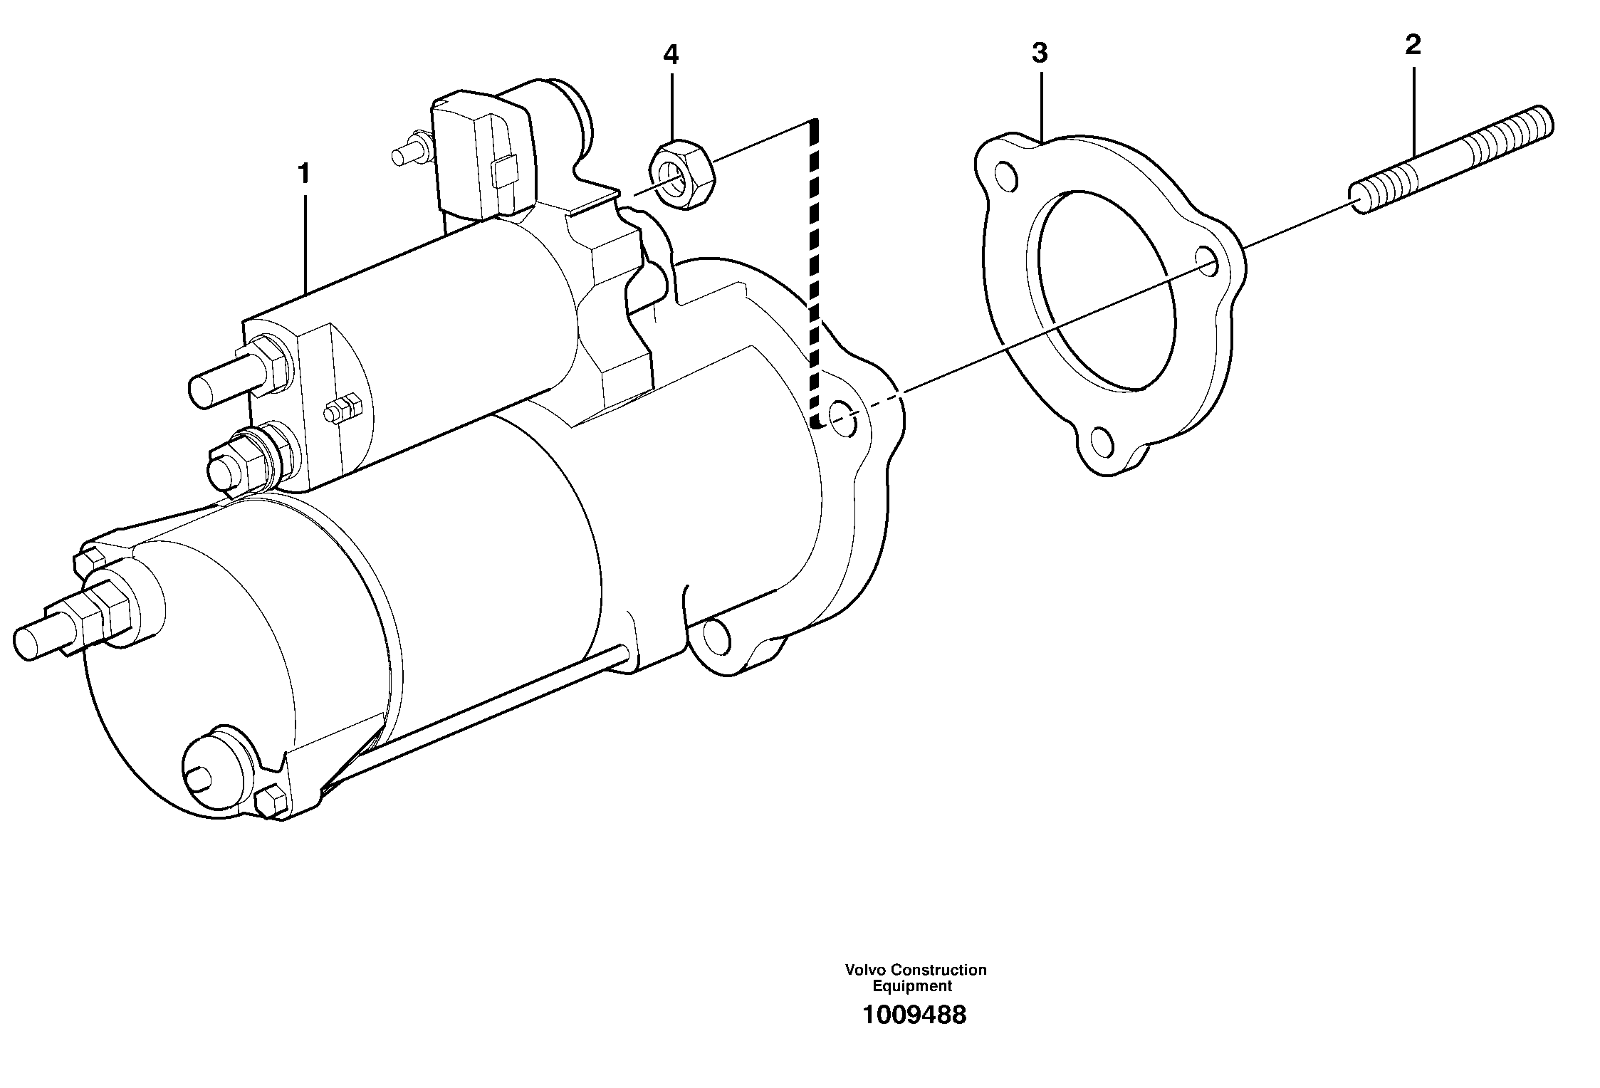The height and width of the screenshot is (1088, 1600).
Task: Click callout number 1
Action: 304,174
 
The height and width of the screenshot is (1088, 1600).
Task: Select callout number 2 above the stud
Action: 1413,46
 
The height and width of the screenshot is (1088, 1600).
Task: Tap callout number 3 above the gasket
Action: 1040,53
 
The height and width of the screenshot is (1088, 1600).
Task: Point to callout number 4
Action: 671,55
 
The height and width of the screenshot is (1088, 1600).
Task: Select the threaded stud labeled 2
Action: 1453,160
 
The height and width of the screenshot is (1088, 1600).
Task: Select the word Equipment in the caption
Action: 912,986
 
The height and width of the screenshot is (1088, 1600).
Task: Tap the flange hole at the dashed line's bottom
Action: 842,418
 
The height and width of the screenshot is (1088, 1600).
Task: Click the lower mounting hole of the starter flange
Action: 716,636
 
